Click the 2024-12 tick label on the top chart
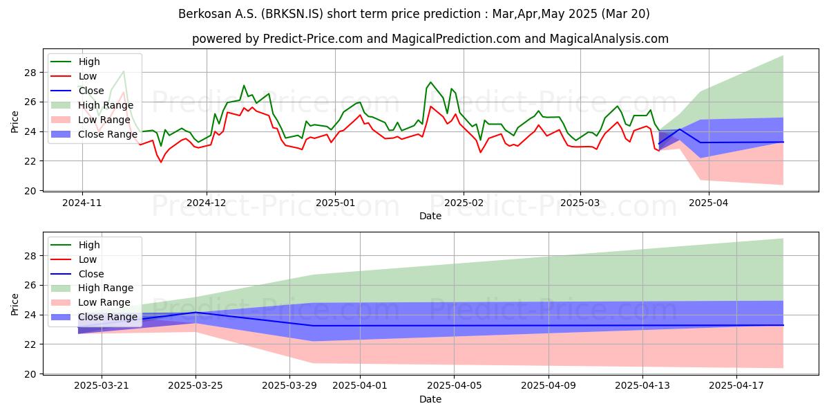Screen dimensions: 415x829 click(207, 203)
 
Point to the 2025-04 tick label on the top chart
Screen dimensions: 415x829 click(708, 203)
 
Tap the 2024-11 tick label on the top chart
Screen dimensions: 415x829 click(82, 203)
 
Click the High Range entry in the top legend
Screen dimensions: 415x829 click(106, 105)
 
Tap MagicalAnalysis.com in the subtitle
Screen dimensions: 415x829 click(609, 39)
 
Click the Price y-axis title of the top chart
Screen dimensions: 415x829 click(15, 121)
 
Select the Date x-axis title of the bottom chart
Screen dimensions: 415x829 click(430, 399)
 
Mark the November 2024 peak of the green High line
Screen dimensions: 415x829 click(124, 71)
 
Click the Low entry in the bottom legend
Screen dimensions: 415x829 click(88, 259)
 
